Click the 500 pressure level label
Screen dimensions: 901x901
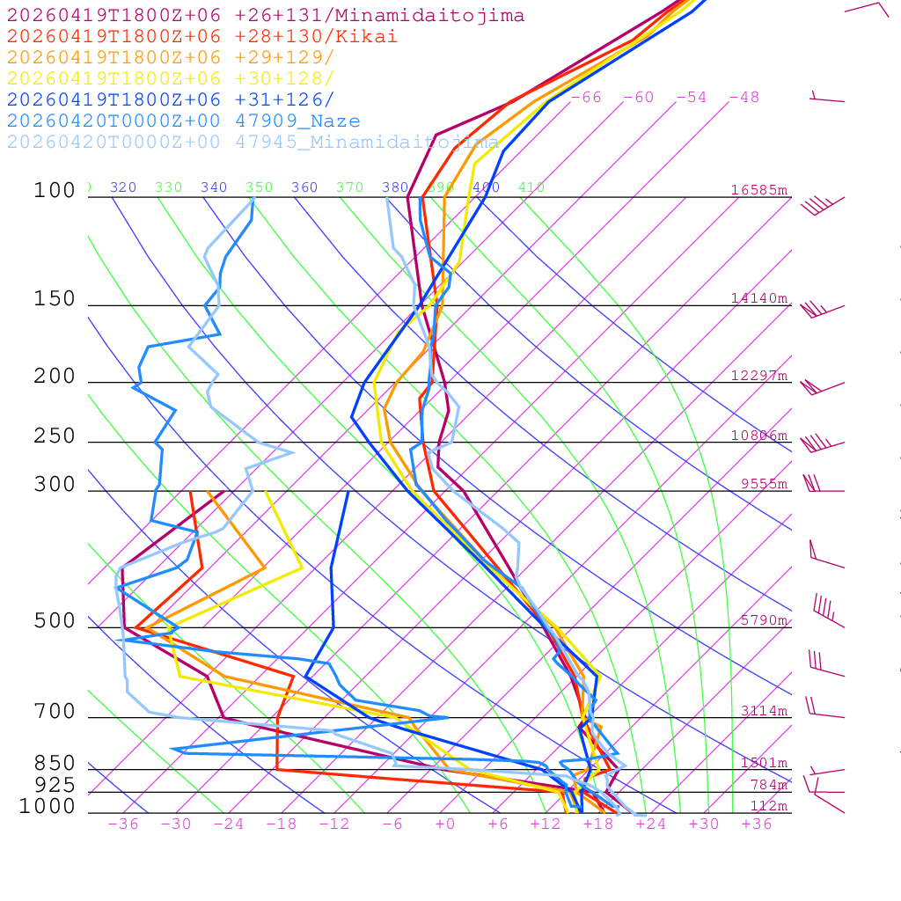[55, 621]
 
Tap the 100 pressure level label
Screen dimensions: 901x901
[55, 190]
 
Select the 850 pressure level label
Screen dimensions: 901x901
[55, 763]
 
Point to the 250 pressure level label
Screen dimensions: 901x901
[55, 436]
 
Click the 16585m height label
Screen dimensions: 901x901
[758, 190]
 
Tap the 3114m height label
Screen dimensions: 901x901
[764, 711]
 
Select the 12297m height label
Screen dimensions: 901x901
[758, 376]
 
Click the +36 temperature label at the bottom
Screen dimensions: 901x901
[757, 824]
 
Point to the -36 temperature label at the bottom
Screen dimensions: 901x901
[123, 824]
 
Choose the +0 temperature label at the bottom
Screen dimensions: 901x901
[445, 824]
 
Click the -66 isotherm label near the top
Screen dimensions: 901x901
[586, 98]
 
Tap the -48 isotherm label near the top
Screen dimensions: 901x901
[744, 98]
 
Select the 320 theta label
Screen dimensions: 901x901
[123, 187]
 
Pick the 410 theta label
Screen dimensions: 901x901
[531, 187]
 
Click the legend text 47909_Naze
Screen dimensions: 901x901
[297, 121]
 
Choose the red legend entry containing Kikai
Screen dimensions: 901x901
[202, 37]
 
